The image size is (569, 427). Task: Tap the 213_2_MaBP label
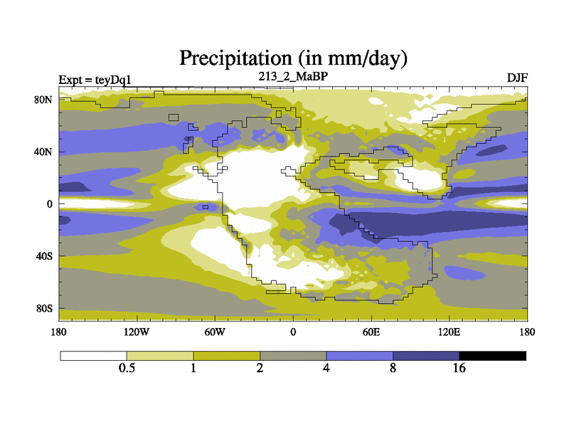point(292,75)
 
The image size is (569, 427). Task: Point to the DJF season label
point(517,77)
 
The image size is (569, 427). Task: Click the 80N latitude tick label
point(45,100)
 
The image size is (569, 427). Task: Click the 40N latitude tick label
point(45,152)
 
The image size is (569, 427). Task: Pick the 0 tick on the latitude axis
point(50,204)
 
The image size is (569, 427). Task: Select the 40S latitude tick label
point(45,256)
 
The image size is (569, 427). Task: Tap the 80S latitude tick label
point(45,308)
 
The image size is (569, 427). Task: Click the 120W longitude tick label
point(136,331)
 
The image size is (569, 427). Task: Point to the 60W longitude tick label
point(214,331)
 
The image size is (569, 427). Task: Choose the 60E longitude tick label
point(371,331)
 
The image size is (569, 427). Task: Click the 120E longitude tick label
point(449,331)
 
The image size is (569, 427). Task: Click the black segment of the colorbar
point(493,355)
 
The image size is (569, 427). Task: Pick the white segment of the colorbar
point(93,355)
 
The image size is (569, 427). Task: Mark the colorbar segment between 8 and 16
point(426,355)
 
